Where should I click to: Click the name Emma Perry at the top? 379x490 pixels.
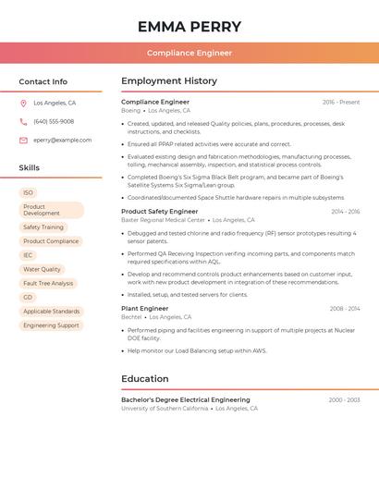pyautogui.click(x=189, y=27)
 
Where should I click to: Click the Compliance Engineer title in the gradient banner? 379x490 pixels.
pyautogui.click(x=189, y=53)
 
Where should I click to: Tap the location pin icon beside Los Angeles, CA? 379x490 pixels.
pyautogui.click(x=23, y=104)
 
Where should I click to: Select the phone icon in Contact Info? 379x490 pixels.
pyautogui.click(x=23, y=121)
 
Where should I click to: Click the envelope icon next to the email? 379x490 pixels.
pyautogui.click(x=23, y=140)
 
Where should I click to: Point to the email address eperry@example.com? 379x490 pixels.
pyautogui.click(x=63, y=140)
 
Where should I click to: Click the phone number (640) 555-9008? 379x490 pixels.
pyautogui.click(x=54, y=121)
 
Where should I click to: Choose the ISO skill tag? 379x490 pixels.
pyautogui.click(x=29, y=193)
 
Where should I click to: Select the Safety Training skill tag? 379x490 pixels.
pyautogui.click(x=43, y=227)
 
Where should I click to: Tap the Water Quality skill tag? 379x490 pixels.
pyautogui.click(x=42, y=269)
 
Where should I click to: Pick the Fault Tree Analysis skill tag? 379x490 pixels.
pyautogui.click(x=48, y=283)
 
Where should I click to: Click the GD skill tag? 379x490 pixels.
pyautogui.click(x=29, y=297)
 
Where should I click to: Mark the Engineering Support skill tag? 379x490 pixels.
pyautogui.click(x=51, y=325)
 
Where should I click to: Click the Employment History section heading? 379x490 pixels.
pyautogui.click(x=169, y=81)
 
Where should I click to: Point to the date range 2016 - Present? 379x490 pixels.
pyautogui.click(x=341, y=102)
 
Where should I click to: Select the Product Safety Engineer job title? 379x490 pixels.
pyautogui.click(x=159, y=211)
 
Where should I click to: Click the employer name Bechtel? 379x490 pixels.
pyautogui.click(x=130, y=316)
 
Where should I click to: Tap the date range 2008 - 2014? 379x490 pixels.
pyautogui.click(x=345, y=308)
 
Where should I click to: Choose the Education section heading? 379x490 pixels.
pyautogui.click(x=144, y=378)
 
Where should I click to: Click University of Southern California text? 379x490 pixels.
pyautogui.click(x=165, y=408)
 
